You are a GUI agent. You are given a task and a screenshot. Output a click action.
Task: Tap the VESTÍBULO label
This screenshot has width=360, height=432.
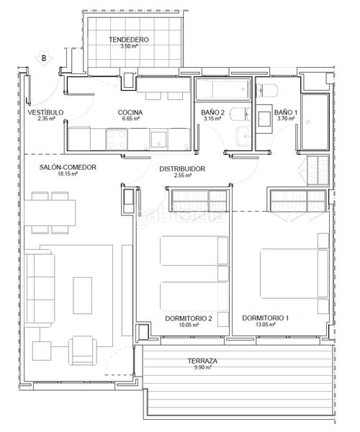coord(45,112)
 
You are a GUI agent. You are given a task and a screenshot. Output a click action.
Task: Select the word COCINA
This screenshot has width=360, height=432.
coord(130,112)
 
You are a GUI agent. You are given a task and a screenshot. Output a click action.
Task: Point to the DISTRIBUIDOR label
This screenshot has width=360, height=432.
coord(182,168)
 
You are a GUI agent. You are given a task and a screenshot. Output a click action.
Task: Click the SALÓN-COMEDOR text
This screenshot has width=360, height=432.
coord(68,167)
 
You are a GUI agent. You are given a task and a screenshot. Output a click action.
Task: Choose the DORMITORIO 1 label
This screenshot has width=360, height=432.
coord(265,318)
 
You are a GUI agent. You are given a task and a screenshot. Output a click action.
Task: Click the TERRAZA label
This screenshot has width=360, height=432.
coord(205,361)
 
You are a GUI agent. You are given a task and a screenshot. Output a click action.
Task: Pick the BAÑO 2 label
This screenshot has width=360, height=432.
coord(213,112)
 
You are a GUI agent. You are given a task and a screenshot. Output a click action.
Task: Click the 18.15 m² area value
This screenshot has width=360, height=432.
coord(68,174)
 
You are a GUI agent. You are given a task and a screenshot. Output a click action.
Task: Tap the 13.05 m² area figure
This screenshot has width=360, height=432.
coord(265,324)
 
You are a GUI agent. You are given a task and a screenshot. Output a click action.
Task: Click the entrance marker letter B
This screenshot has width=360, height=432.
coord(43,58)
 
